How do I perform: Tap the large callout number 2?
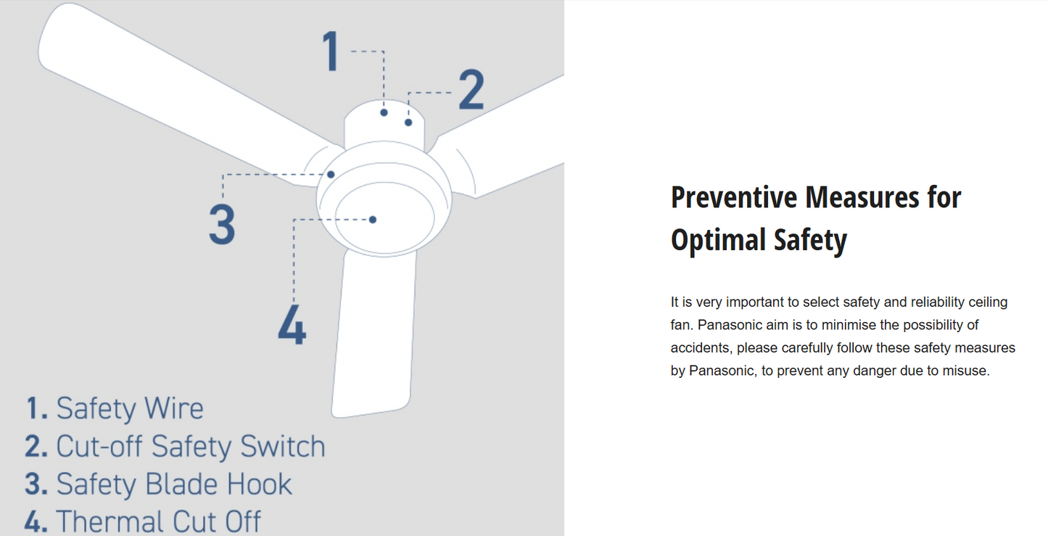(x=471, y=89)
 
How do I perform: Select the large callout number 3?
(x=222, y=225)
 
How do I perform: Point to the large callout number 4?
(x=292, y=324)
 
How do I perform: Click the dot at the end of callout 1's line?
(x=384, y=112)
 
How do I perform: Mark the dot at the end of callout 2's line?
(x=408, y=123)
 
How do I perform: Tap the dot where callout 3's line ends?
(x=331, y=175)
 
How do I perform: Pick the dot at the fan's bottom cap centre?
(x=372, y=220)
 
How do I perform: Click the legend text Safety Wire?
(x=130, y=408)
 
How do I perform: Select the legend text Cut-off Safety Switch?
(x=191, y=446)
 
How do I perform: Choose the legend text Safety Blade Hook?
(x=174, y=484)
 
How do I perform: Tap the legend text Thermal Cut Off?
(x=158, y=521)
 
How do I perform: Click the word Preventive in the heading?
(x=733, y=197)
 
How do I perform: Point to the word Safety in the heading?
(x=810, y=240)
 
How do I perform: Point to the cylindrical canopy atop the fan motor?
(x=384, y=124)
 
